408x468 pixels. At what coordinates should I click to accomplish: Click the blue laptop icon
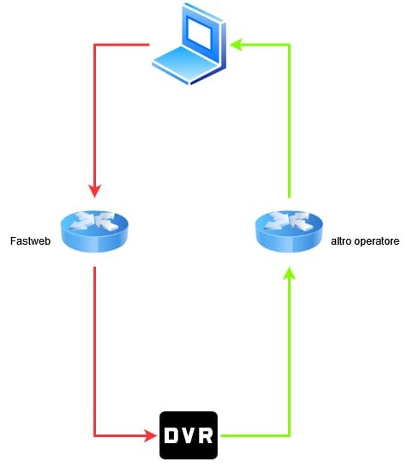click(189, 44)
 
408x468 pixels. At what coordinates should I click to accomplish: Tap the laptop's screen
click(199, 33)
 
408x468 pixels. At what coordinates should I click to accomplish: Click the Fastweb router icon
click(94, 231)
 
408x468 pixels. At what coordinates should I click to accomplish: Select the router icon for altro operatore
click(289, 231)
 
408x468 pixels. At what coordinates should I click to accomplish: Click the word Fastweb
click(30, 240)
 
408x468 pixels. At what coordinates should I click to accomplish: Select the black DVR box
click(189, 435)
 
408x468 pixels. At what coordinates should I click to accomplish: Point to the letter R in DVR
click(206, 435)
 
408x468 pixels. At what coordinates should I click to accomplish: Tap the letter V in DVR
click(189, 435)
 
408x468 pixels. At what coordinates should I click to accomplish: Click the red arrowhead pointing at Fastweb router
click(95, 191)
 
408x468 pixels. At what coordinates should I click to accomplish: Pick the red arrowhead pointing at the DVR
click(151, 436)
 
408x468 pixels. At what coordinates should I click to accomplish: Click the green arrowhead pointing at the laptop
click(237, 45)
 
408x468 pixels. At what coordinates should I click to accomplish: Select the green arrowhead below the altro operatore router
click(289, 273)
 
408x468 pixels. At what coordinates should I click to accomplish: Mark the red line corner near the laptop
click(95, 45)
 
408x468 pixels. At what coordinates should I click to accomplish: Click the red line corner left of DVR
click(95, 436)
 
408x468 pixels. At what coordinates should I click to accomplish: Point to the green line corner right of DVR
click(289, 436)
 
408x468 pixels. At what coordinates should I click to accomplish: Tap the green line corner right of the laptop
click(289, 45)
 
